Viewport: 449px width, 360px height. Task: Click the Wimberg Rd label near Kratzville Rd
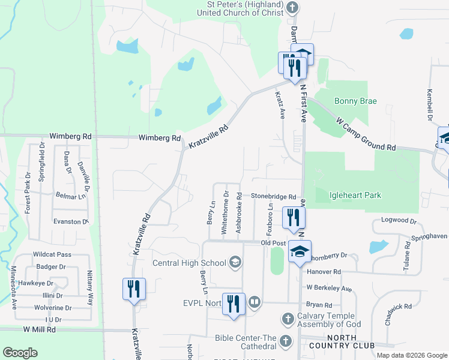tap(160, 138)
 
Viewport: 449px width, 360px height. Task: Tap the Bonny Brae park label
tap(355, 101)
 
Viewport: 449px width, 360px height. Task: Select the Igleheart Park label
tap(355, 195)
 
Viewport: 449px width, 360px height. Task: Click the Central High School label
tap(188, 263)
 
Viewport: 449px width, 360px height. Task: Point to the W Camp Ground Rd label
tap(366, 133)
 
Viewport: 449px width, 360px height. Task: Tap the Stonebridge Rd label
tap(274, 197)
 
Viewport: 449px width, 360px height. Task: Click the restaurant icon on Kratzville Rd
tap(134, 289)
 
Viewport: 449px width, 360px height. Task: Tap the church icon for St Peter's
tap(292, 8)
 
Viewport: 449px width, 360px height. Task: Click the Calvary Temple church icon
tap(288, 317)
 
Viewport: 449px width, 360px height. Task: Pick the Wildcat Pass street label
tap(52, 254)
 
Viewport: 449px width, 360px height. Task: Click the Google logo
tap(20, 353)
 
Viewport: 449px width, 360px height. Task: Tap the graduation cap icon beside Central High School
tap(235, 262)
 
